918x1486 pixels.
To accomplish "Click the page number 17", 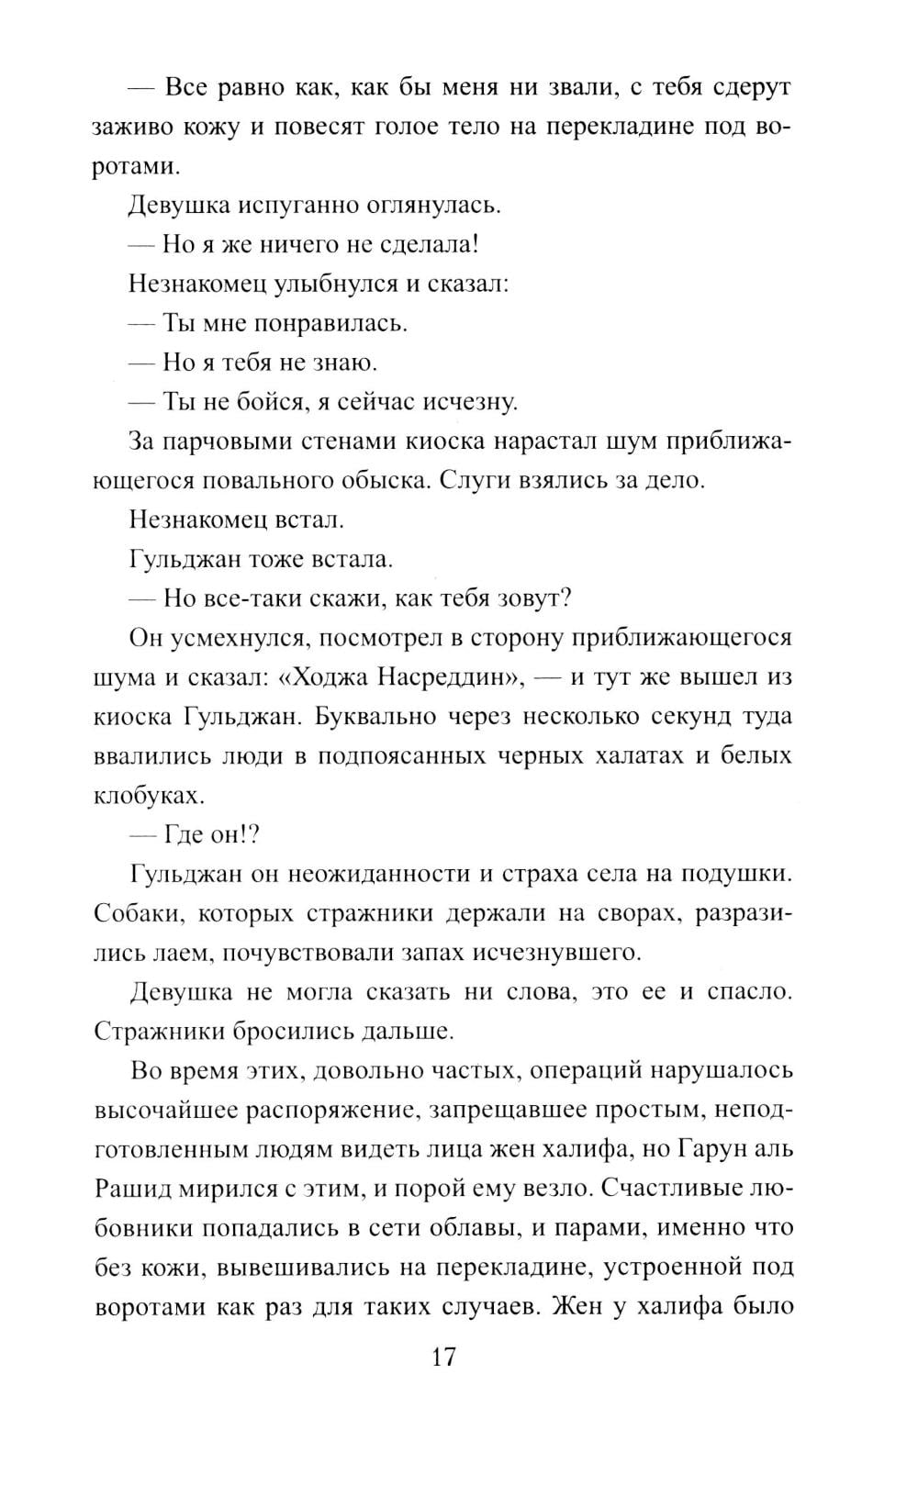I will [x=442, y=1357].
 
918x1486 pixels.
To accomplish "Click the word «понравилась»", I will [x=330, y=323].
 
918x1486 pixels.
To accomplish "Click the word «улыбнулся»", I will [x=339, y=284].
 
